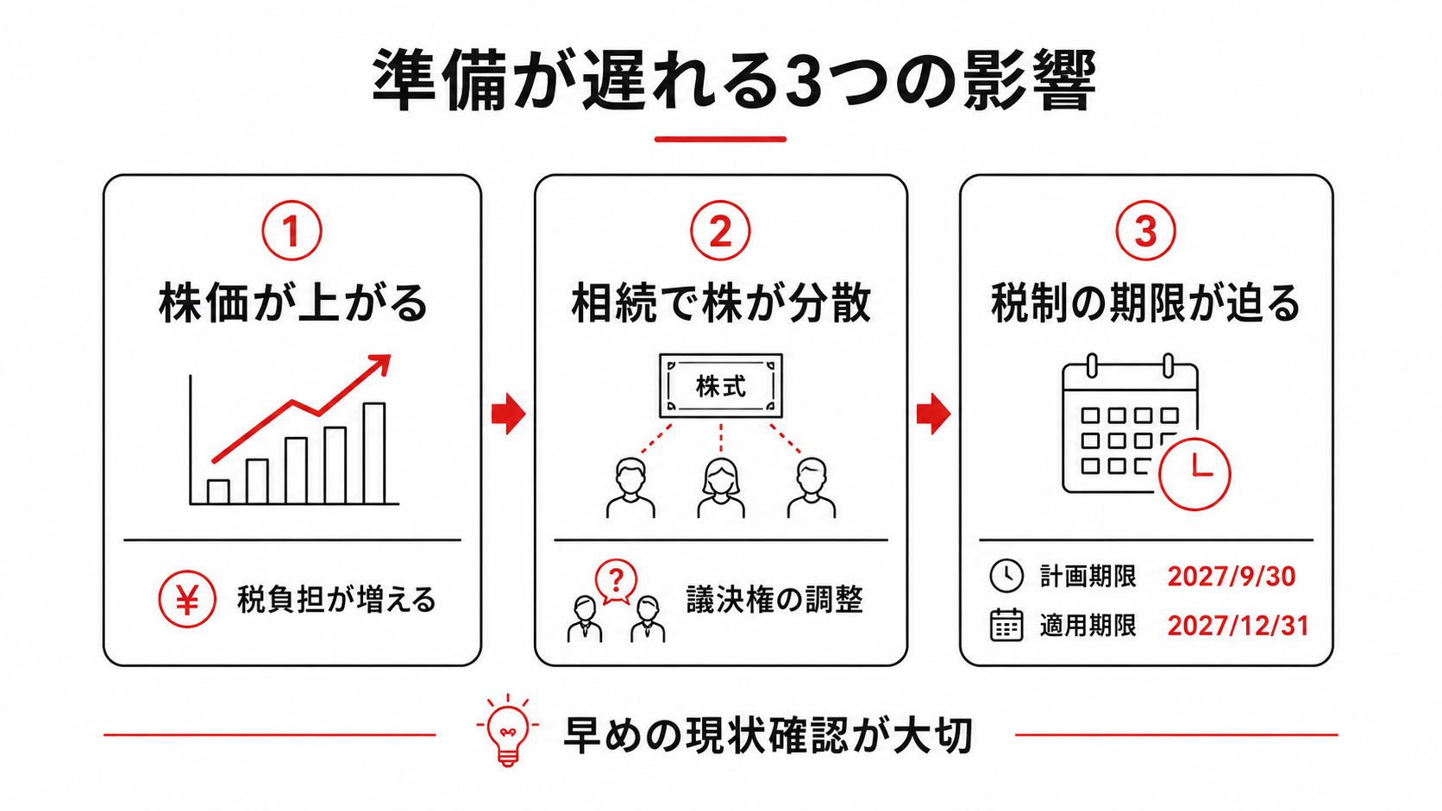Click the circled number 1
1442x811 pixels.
click(x=292, y=231)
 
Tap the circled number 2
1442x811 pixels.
click(x=720, y=231)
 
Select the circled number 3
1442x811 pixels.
click(x=1145, y=231)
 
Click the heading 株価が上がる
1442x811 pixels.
click(x=293, y=303)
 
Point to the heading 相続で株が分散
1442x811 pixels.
click(x=721, y=303)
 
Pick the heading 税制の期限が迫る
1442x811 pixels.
click(x=1146, y=303)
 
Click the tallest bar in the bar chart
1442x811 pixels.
click(x=374, y=453)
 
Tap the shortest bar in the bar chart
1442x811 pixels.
click(x=218, y=492)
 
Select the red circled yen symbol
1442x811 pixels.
click(x=186, y=599)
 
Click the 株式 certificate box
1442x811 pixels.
click(x=721, y=386)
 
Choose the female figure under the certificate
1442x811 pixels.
click(x=721, y=488)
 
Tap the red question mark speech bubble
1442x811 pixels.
click(x=616, y=582)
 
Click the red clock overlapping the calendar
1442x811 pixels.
click(x=1194, y=475)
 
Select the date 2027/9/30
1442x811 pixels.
click(x=1231, y=577)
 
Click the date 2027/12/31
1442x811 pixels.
click(x=1238, y=626)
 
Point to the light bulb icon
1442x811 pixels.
click(x=508, y=731)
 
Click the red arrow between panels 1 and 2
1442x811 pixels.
click(x=509, y=414)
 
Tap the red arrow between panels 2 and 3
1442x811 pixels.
click(x=933, y=414)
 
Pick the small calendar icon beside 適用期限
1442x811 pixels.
click(x=1006, y=625)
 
